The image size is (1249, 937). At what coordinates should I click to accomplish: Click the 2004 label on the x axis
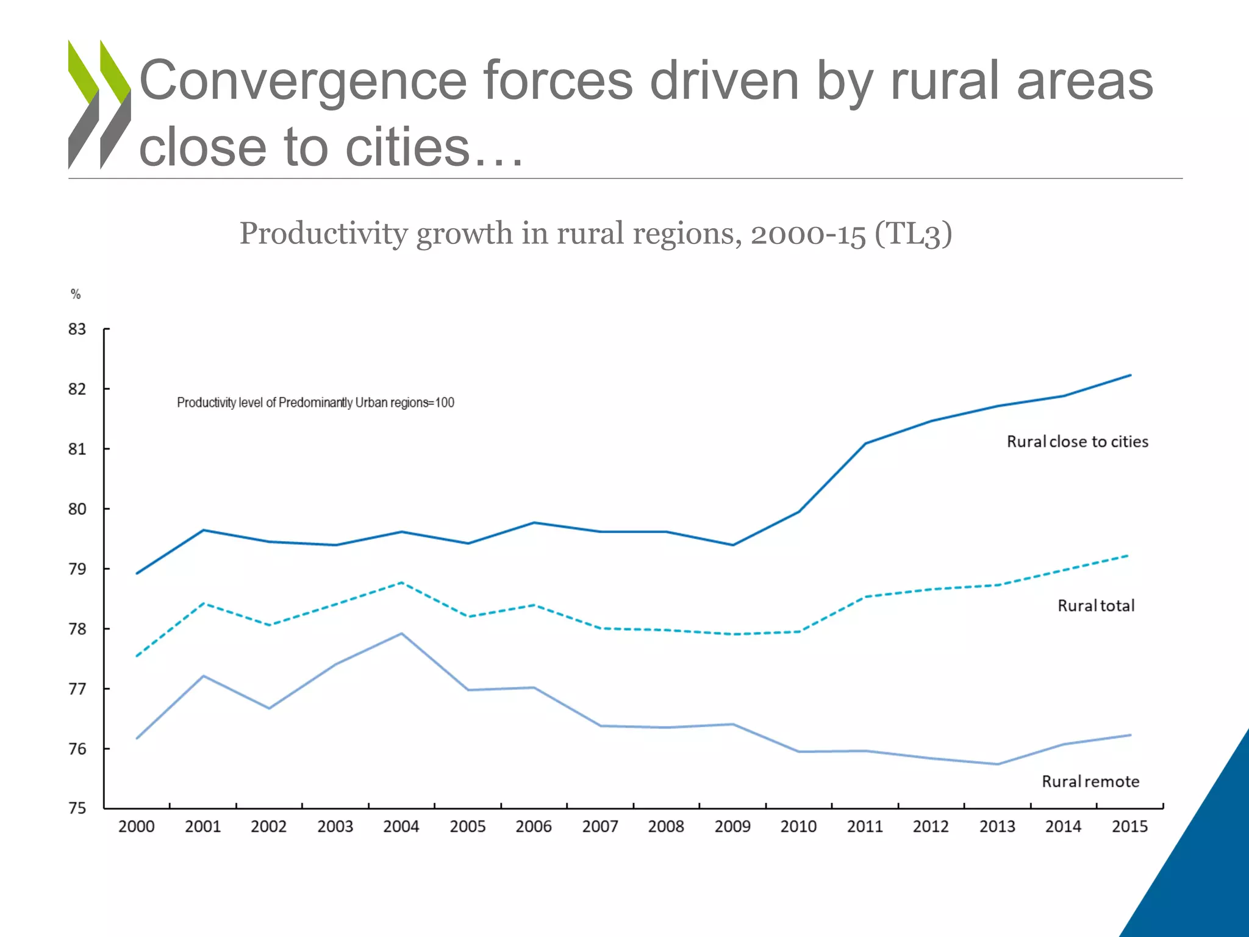point(401,827)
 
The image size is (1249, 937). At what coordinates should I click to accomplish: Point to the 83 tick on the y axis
point(77,329)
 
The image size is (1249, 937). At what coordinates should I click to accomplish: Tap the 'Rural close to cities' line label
point(1077,442)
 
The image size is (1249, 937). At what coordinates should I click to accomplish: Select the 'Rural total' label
point(1096,606)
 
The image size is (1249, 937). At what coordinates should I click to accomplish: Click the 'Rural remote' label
point(1090,781)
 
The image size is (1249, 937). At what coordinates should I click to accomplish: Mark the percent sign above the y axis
point(76,294)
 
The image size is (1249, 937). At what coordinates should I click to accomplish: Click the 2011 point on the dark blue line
point(865,443)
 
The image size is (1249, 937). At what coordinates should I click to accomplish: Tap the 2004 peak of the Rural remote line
point(401,633)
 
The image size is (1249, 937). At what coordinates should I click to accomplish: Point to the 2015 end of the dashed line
point(1128,556)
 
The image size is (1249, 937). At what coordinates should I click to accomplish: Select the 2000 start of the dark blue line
point(137,573)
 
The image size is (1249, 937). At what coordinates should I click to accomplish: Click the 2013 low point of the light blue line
point(998,764)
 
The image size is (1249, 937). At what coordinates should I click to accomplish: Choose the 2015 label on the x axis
point(1129,827)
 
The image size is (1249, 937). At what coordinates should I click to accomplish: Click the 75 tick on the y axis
point(77,808)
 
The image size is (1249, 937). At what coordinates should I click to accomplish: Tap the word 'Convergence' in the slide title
point(303,81)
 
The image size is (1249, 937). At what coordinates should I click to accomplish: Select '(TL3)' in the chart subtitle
point(913,234)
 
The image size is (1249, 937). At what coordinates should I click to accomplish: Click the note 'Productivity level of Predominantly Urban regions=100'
point(315,403)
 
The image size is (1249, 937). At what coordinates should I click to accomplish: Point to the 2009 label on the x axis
point(732,827)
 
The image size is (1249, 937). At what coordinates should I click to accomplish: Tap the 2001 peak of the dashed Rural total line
point(203,603)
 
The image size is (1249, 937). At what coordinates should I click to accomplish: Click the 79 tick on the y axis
point(77,569)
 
